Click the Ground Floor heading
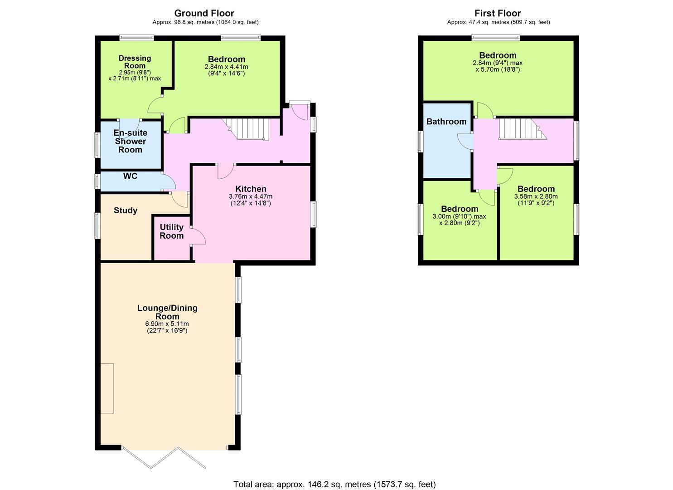tap(204, 13)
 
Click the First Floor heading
tap(498, 13)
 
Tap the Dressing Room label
tap(135, 62)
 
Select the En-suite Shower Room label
tap(131, 141)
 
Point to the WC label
tap(130, 176)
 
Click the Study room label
tap(126, 210)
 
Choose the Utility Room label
tap(172, 231)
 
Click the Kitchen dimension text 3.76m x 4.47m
tap(251, 196)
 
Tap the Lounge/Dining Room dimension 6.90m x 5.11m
tap(167, 324)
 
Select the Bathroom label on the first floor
tap(446, 122)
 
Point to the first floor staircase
tap(523, 129)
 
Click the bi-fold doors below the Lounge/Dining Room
tap(164, 457)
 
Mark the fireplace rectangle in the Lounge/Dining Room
tap(107, 388)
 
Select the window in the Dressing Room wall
tap(137, 38)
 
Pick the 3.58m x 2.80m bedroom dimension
tap(536, 196)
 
